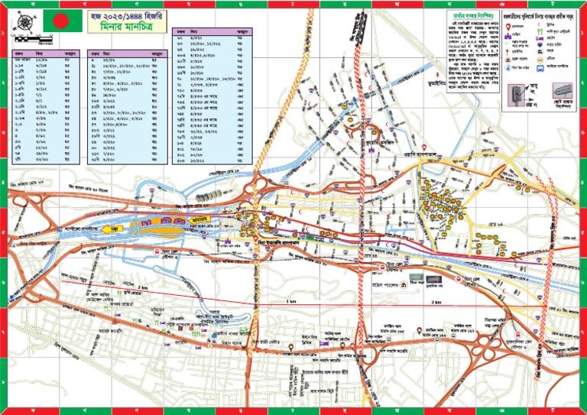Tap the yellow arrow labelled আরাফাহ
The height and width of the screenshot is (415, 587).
[200, 224]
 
